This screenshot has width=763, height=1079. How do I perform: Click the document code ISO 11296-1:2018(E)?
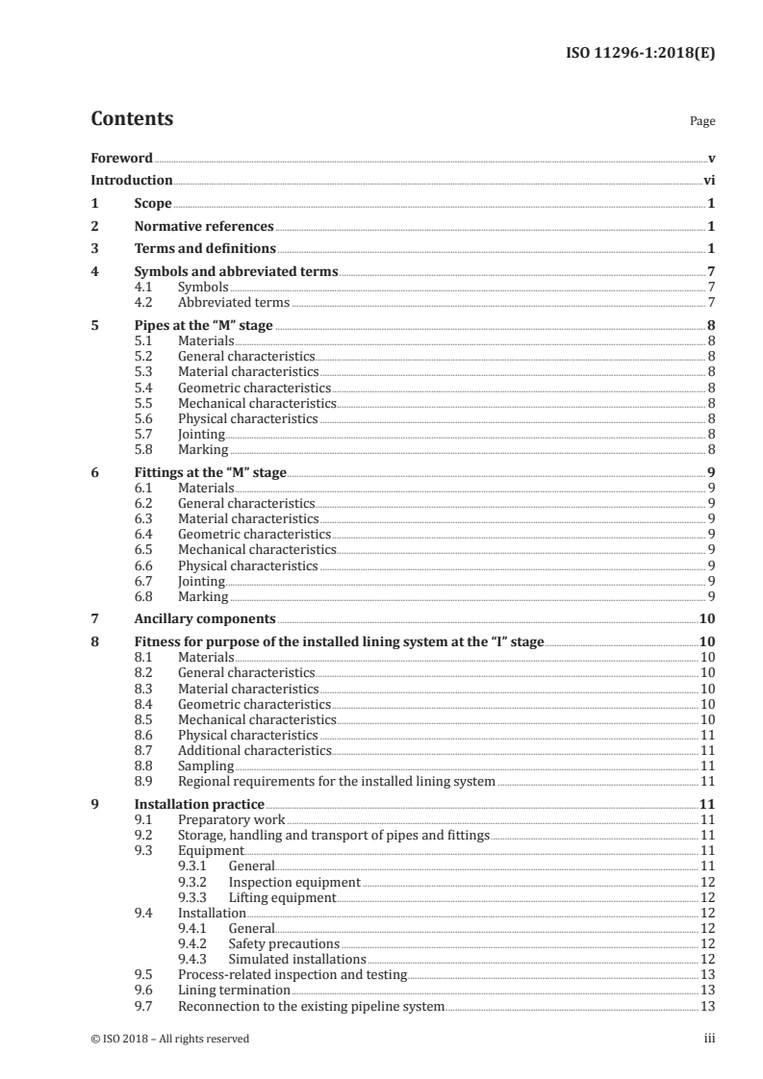[x=638, y=54]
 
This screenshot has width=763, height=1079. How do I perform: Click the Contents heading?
[x=132, y=119]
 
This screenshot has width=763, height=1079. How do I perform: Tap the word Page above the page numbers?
[x=701, y=122]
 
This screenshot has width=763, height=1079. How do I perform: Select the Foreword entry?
[x=121, y=157]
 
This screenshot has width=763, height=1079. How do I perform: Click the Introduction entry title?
[x=131, y=180]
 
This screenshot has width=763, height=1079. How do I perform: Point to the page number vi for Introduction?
[x=708, y=180]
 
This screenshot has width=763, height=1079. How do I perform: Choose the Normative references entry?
[x=204, y=227]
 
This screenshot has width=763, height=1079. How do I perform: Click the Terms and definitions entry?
[x=197, y=250]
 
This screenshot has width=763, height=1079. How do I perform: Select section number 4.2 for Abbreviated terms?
[x=145, y=303]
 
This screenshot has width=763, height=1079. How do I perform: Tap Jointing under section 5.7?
[x=201, y=435]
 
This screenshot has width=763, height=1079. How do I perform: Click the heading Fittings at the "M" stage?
[x=211, y=472]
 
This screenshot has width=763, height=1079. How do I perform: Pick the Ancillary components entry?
[x=205, y=618]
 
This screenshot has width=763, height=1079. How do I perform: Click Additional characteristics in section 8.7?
[x=255, y=750]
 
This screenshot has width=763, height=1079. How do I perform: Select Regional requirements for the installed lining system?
[x=337, y=782]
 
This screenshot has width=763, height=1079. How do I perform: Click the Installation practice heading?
[x=199, y=804]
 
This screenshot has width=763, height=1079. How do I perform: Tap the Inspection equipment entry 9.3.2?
[x=294, y=882]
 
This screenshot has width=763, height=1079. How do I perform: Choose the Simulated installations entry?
[x=297, y=959]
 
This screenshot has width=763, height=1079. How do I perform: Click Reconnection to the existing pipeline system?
[x=312, y=1006]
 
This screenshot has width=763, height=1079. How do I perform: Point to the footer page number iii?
[x=709, y=1039]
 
